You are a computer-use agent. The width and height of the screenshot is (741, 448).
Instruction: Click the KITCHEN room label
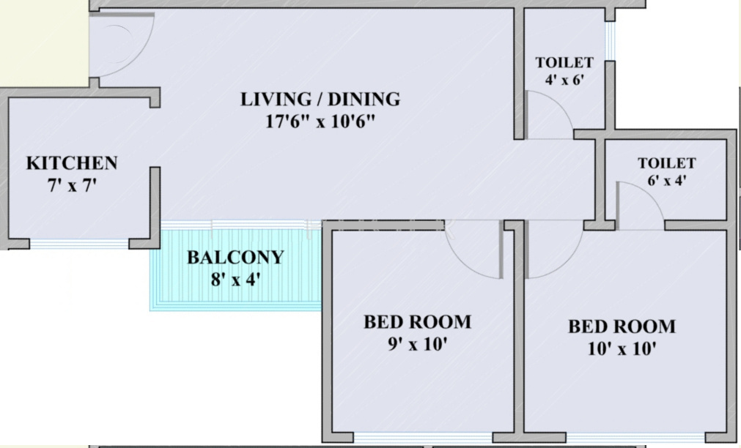pos(72,163)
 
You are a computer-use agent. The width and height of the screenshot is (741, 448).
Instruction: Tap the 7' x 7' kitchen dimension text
pos(72,184)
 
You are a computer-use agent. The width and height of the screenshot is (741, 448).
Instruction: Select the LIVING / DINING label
pos(320,99)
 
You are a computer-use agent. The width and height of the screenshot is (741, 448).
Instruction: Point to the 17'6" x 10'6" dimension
pos(320,121)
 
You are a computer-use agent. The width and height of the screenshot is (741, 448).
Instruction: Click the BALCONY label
pos(235,258)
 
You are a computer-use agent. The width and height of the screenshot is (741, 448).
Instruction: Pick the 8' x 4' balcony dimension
pos(235,279)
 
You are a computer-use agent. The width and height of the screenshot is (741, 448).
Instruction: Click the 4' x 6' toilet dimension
pos(564,81)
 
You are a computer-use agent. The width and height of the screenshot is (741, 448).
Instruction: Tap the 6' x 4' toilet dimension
pos(666,181)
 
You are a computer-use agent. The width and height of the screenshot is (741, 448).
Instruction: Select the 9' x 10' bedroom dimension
pos(417,344)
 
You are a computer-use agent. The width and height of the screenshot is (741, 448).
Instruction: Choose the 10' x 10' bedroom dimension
pos(622,348)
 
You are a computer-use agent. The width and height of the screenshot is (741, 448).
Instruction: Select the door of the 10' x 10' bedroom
pos(551,253)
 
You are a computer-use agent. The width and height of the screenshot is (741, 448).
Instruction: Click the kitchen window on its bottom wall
pos(79,244)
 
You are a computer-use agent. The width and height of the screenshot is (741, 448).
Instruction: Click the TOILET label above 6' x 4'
pos(666,163)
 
